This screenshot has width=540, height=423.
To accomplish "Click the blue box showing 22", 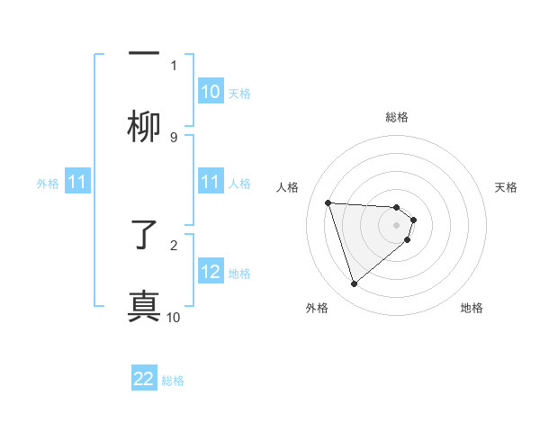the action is [x=144, y=380].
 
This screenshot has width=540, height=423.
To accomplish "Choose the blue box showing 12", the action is [x=211, y=272].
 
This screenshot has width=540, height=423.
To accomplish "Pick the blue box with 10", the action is [x=211, y=92].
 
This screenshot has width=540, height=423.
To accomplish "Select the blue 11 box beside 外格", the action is [x=77, y=183].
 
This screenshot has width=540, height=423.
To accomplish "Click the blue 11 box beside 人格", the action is [x=211, y=183].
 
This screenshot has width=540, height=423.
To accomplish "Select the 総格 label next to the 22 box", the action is [x=173, y=381].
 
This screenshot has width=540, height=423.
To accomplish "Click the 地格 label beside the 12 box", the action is [x=239, y=273].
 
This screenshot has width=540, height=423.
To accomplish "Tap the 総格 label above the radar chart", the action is [x=397, y=117].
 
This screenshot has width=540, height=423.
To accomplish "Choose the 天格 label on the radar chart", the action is [x=506, y=187].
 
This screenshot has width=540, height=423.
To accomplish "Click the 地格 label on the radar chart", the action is [x=472, y=308].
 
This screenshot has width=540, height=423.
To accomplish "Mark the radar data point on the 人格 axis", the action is [x=328, y=202].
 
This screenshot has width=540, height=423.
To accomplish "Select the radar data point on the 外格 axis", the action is [x=354, y=284].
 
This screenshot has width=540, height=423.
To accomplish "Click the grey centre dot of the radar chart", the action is [x=397, y=225].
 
